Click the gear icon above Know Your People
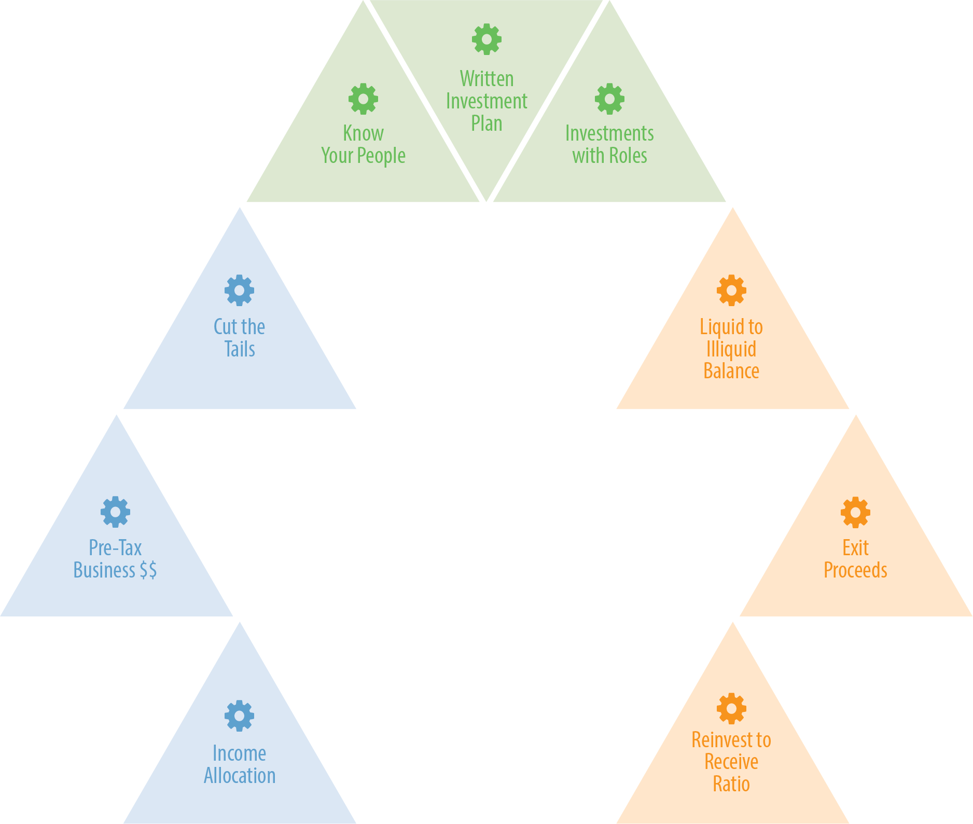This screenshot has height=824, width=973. pos(363,99)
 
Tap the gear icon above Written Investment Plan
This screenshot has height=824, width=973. pos(486,39)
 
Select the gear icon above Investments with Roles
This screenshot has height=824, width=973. pos(609,99)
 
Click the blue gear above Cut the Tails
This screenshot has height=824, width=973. pos(239,290)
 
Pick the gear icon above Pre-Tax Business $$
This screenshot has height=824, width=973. pos(115,512)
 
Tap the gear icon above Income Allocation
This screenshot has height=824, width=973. pos(239,716)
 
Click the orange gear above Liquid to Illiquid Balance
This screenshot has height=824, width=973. pos(731,290)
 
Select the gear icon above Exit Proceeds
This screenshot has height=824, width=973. pos(855,512)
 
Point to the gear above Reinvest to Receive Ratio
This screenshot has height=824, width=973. pos(731,708)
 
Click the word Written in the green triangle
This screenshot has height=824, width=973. pos(486,79)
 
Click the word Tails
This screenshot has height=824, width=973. pos(240,349)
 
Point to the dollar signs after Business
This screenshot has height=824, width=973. pos(148,570)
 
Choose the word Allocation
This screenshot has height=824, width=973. pos(240,776)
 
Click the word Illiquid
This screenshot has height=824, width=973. pos(731,349)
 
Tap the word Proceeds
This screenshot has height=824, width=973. pos(855,570)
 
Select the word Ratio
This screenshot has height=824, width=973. pos(731,784)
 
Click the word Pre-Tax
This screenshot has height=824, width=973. pos(115,548)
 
